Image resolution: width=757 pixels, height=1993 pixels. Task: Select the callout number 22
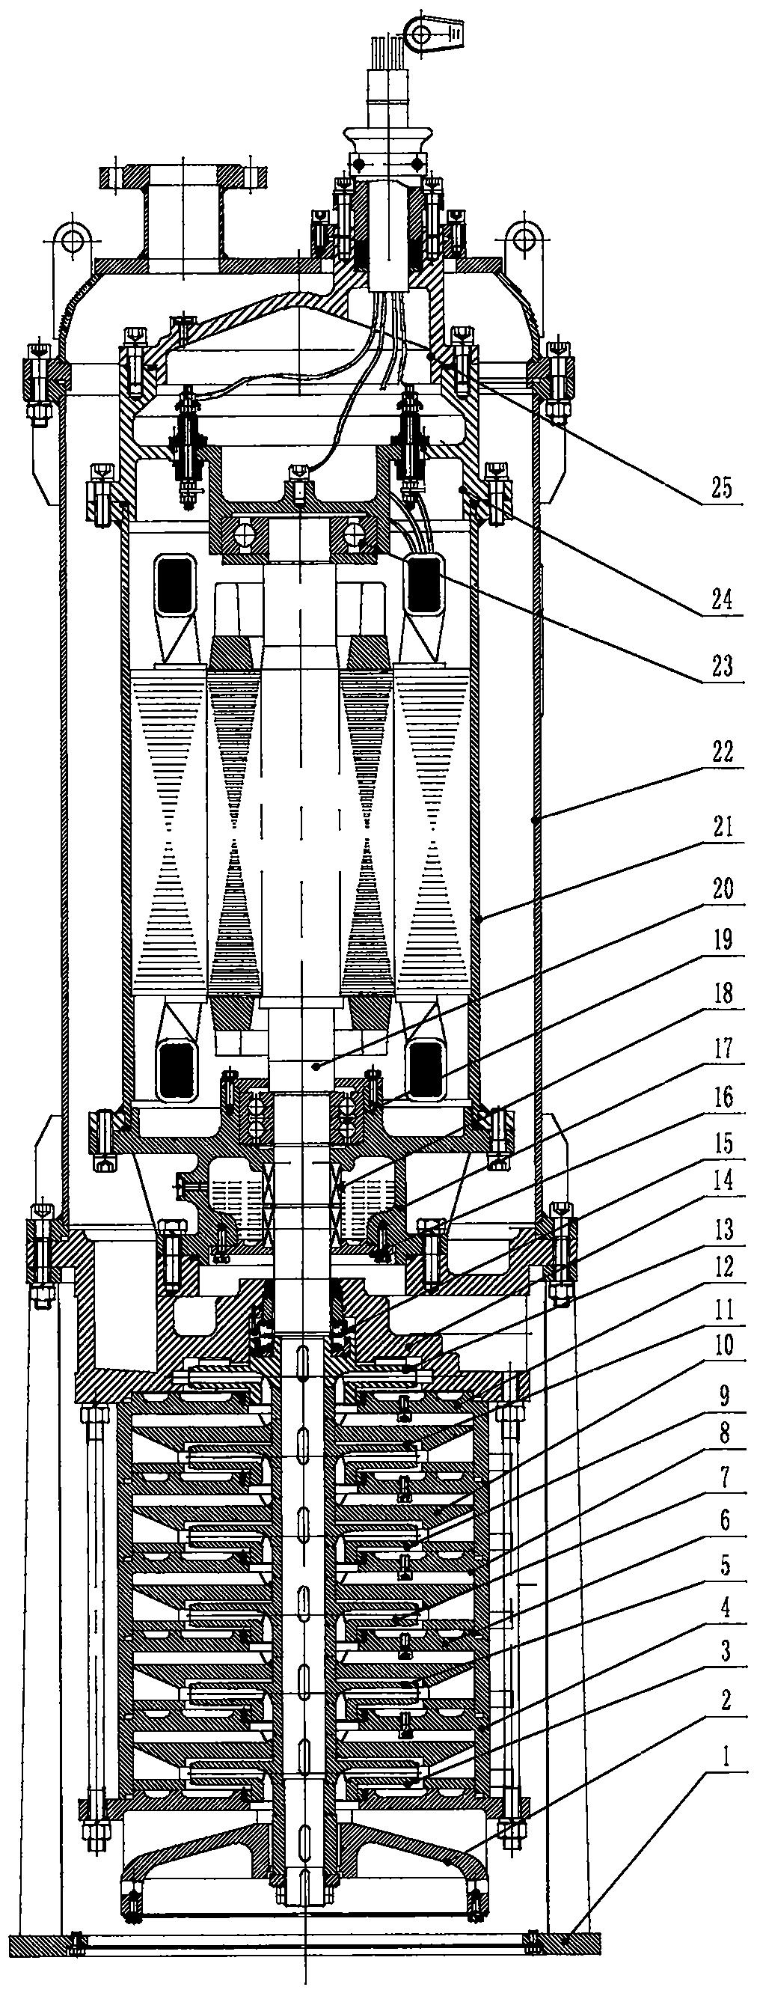tap(722, 752)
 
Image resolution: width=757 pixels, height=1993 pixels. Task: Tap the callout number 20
tap(722, 889)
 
